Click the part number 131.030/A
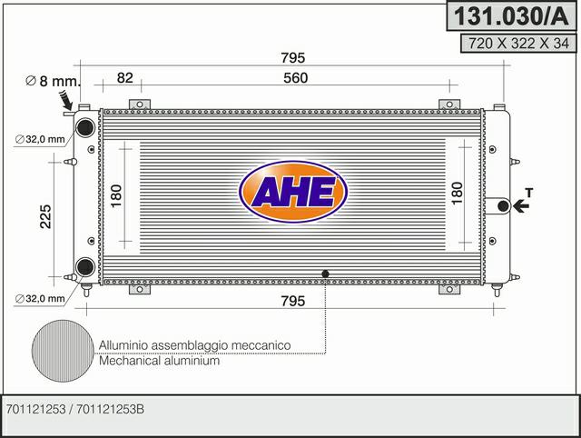tap(511, 16)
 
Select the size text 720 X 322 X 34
tap(518, 44)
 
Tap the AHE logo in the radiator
tap(293, 192)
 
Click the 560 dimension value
tap(296, 78)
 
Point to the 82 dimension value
tap(125, 78)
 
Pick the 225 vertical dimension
tap(45, 216)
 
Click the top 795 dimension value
tap(292, 58)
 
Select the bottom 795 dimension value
tap(292, 301)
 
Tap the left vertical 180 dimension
tap(116, 196)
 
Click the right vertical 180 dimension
tap(458, 194)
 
